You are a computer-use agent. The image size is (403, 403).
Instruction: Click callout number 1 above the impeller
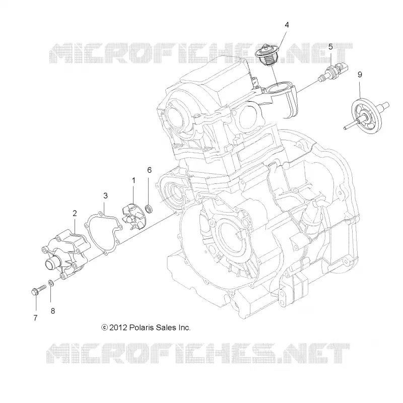[133, 181]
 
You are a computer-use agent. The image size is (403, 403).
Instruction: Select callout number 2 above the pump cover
[75, 213]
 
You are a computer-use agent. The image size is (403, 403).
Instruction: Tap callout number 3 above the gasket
[105, 195]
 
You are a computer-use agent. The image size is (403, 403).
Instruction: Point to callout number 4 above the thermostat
[287, 25]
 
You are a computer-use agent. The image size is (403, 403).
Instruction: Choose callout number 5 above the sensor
[330, 47]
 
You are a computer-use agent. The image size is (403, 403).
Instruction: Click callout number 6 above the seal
[149, 170]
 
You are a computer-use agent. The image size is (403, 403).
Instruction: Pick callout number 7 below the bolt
[35, 318]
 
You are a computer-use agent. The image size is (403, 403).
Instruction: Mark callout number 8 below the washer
[53, 311]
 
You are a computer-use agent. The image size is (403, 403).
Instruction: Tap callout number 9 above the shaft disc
[360, 75]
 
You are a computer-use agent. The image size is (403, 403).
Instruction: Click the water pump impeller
[133, 216]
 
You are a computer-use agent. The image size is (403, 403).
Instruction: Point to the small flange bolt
[38, 290]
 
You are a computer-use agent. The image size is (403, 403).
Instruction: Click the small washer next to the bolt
[51, 283]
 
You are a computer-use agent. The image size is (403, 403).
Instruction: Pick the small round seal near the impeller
[149, 209]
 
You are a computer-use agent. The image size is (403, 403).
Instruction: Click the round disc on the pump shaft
[367, 116]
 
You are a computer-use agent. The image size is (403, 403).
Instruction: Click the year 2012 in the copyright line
[118, 328]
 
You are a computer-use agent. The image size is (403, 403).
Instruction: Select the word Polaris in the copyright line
[141, 328]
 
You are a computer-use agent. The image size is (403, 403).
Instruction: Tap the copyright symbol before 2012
[104, 328]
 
